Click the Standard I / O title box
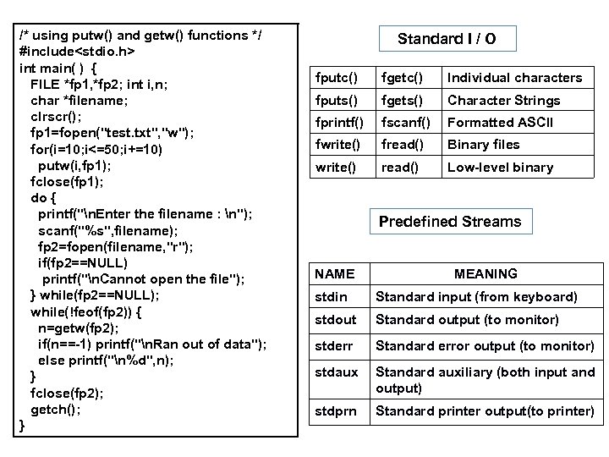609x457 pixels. tap(446, 38)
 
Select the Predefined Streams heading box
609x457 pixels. tap(449, 222)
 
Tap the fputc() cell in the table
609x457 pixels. tap(337, 78)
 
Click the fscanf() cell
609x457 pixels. tap(406, 122)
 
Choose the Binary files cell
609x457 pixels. tap(483, 145)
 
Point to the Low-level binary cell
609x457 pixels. tap(500, 167)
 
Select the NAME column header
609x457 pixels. tap(334, 273)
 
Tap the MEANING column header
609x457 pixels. tap(486, 273)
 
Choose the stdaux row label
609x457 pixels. tap(335, 372)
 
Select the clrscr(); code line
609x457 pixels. tap(57, 117)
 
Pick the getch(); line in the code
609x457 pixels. tap(56, 410)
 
